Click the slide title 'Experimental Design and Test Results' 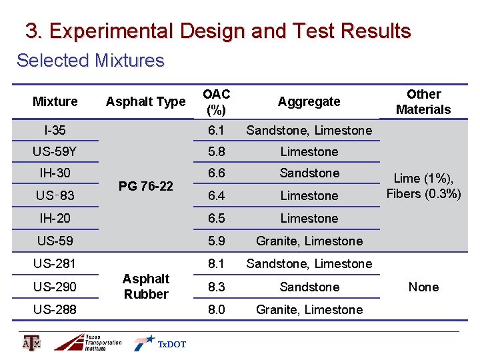point(218,31)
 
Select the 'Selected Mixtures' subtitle point(90,61)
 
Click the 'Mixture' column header point(55,101)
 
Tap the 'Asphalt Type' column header point(145,101)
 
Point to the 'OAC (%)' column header point(216,101)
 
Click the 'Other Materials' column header point(423,101)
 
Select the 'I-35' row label point(55,130)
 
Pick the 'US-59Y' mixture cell point(55,152)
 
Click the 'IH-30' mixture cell point(55,173)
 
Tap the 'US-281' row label point(55,263)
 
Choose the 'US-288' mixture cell point(55,309)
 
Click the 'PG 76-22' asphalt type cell point(145,185)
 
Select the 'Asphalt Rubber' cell point(145,286)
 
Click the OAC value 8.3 point(216,287)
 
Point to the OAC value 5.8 point(216,151)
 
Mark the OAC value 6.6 point(216,173)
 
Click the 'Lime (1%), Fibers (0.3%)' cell point(423,186)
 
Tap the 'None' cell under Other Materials point(423,287)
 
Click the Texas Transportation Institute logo point(88,342)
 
